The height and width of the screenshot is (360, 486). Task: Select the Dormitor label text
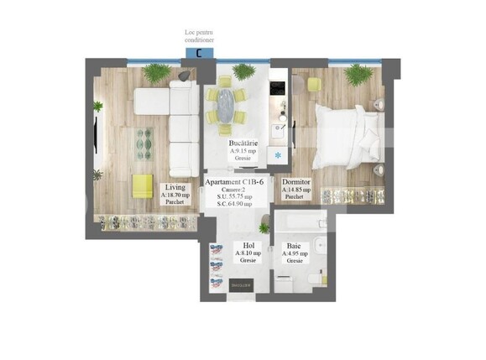(x=297, y=181)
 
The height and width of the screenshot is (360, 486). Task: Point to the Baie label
(x=293, y=244)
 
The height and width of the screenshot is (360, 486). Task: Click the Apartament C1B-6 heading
(x=240, y=182)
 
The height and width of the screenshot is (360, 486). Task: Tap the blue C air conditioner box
(x=198, y=53)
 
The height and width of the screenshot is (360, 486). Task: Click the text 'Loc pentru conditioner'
(x=199, y=35)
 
